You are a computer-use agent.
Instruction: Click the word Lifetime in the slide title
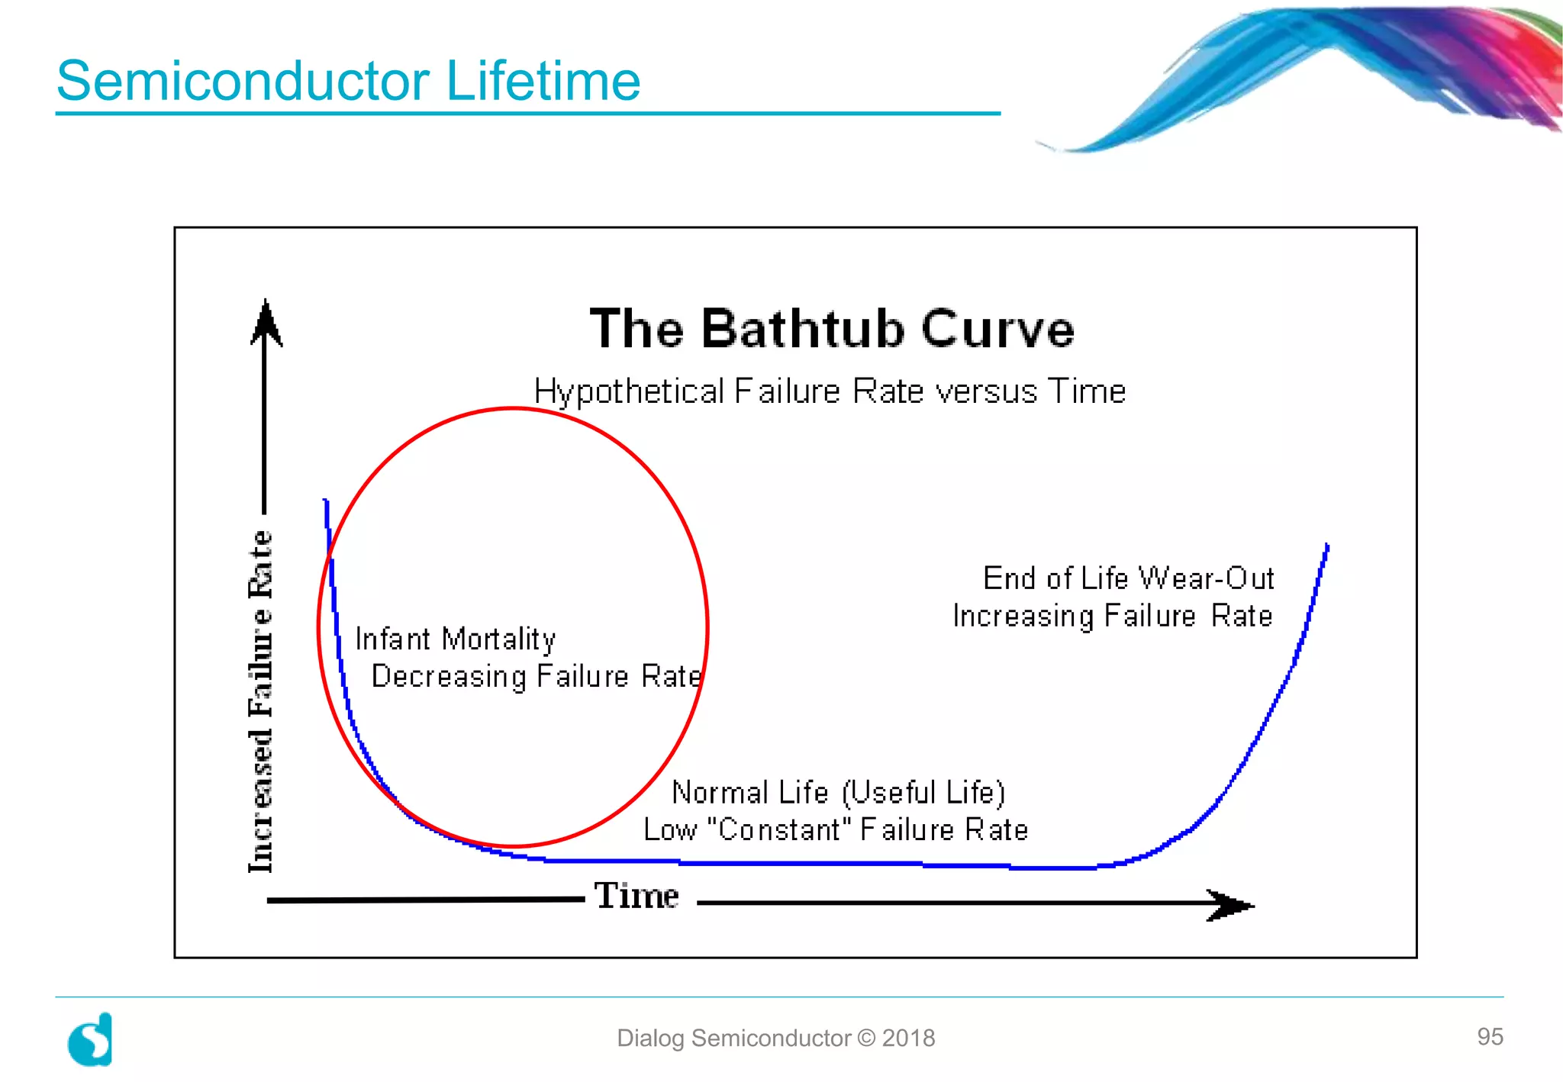pyautogui.click(x=543, y=81)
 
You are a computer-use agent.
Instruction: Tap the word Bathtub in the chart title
pyautogui.click(x=802, y=329)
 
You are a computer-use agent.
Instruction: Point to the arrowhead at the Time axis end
pyautogui.click(x=1230, y=905)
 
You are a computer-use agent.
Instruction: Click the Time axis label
pyautogui.click(x=636, y=896)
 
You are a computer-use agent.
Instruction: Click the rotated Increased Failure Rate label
pyautogui.click(x=261, y=700)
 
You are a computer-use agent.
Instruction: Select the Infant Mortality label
pyautogui.click(x=456, y=639)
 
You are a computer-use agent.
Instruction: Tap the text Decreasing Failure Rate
pyautogui.click(x=536, y=677)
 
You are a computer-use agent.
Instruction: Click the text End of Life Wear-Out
pyautogui.click(x=1128, y=579)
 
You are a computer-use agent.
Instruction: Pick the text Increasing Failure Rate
pyautogui.click(x=1112, y=617)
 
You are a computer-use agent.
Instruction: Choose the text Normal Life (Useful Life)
pyautogui.click(x=838, y=793)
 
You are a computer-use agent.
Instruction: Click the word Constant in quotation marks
pyautogui.click(x=779, y=830)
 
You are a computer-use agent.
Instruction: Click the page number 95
pyautogui.click(x=1489, y=1036)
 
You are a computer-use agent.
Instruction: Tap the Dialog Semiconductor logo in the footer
pyautogui.click(x=91, y=1039)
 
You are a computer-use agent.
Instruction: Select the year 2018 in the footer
pyautogui.click(x=908, y=1039)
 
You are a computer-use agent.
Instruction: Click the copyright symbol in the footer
pyautogui.click(x=866, y=1039)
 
